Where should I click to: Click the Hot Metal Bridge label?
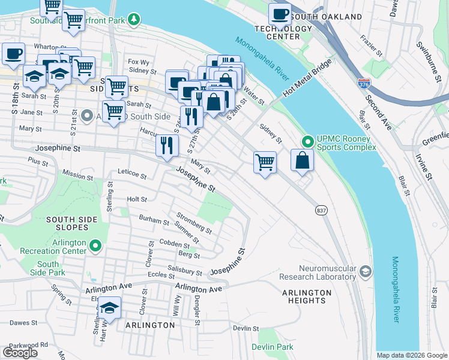pos(307,79)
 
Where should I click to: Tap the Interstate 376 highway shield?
pos(363,84)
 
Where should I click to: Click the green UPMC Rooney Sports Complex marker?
pos(308,142)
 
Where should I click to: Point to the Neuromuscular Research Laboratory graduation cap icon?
pos(365,272)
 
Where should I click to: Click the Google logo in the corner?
pos(20,353)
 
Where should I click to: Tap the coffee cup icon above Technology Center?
pos(279,13)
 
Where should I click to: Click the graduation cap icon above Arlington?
pos(109,308)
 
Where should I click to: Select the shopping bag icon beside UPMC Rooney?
pos(303,161)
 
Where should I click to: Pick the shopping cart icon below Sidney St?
pos(265,161)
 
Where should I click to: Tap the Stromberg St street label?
pos(193,223)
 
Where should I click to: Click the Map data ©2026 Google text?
pos(411,355)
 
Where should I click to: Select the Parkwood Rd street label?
pos(28,345)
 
